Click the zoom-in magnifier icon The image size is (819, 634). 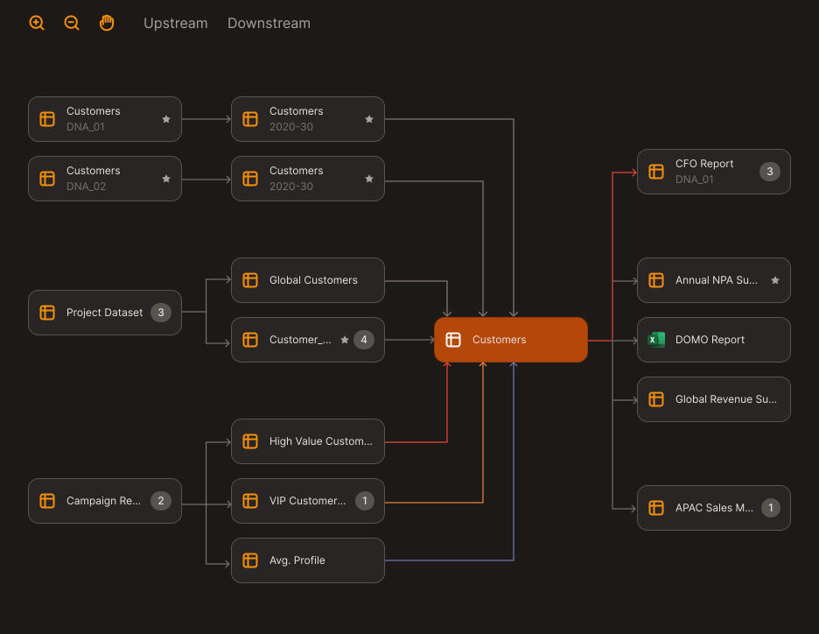click(x=37, y=23)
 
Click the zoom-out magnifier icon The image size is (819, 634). click(x=72, y=23)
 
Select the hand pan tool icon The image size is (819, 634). click(x=107, y=23)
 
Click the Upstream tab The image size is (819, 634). click(x=176, y=24)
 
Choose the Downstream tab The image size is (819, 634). click(x=269, y=24)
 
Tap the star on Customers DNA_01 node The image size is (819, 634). click(x=166, y=119)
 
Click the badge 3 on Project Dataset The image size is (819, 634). click(x=161, y=313)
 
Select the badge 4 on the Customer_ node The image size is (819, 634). click(x=364, y=340)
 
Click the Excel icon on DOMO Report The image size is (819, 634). click(x=656, y=340)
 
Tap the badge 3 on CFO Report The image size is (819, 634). click(x=770, y=172)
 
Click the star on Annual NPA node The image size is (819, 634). click(x=775, y=280)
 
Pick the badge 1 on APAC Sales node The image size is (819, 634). click(x=770, y=508)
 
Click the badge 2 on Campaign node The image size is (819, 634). click(x=161, y=501)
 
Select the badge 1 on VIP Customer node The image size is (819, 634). click(x=364, y=501)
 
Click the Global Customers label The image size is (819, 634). click(x=313, y=280)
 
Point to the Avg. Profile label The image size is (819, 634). click(x=297, y=560)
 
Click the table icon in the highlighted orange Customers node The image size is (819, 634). click(x=453, y=340)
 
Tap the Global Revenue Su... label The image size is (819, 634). click(x=725, y=399)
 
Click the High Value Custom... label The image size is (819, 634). click(x=320, y=441)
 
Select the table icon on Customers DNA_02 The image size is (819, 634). click(x=47, y=179)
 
